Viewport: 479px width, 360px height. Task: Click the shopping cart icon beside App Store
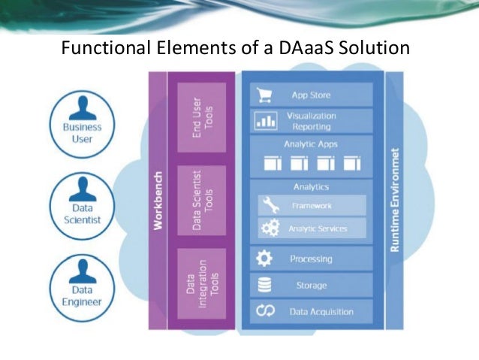click(x=264, y=95)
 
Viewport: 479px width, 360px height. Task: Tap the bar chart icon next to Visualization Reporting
click(x=266, y=121)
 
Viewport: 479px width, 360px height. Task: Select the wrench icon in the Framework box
click(x=270, y=204)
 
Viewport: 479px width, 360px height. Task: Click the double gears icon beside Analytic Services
click(x=270, y=228)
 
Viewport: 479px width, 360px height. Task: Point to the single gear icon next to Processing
click(x=264, y=259)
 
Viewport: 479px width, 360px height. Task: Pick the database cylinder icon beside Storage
click(x=264, y=285)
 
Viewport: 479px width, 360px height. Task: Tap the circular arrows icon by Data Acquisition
click(x=265, y=310)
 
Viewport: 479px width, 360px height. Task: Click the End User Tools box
click(x=202, y=117)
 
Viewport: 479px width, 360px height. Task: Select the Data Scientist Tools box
click(x=202, y=201)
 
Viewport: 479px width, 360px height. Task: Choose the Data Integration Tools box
click(x=202, y=283)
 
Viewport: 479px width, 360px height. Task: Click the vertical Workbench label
click(x=158, y=201)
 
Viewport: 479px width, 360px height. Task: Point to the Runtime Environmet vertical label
click(x=395, y=200)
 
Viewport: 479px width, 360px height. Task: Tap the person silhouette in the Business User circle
click(x=83, y=108)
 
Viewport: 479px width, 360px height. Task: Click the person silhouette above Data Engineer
click(x=83, y=271)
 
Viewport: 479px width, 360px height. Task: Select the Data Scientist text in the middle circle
click(x=83, y=213)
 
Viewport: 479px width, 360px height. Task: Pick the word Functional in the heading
click(x=106, y=47)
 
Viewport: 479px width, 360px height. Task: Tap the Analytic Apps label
click(x=311, y=144)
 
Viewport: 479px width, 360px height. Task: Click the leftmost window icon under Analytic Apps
click(x=273, y=163)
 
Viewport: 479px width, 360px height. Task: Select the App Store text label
click(x=311, y=95)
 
